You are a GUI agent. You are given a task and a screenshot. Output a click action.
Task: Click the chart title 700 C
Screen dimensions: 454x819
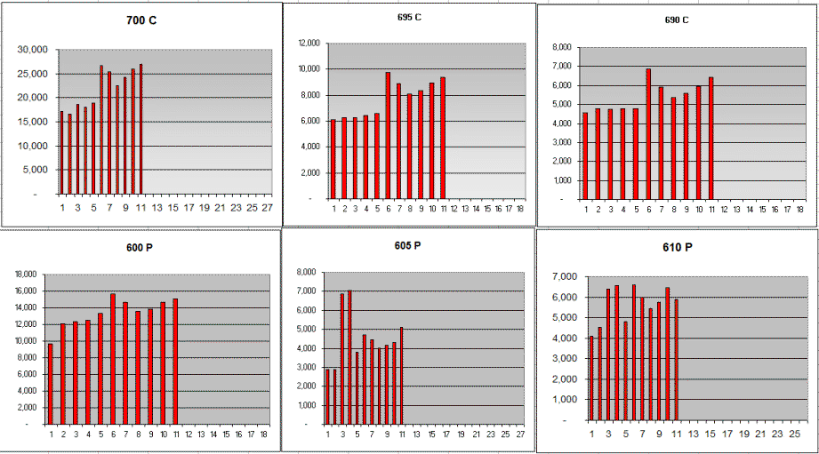click(140, 19)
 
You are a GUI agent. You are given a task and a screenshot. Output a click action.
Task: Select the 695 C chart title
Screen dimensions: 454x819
click(409, 17)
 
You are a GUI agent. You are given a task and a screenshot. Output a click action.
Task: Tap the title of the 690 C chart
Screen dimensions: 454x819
click(677, 19)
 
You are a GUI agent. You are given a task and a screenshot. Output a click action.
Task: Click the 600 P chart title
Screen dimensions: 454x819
click(139, 249)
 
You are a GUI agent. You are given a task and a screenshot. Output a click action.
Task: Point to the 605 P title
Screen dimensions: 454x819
click(409, 245)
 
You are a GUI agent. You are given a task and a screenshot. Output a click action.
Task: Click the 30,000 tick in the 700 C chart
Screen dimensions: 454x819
click(33, 50)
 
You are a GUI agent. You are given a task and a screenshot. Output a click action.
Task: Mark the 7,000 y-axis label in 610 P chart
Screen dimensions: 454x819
click(565, 277)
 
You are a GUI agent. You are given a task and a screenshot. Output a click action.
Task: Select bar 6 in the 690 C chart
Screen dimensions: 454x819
click(648, 133)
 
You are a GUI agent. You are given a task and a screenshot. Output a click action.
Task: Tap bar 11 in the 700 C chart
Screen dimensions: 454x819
click(141, 128)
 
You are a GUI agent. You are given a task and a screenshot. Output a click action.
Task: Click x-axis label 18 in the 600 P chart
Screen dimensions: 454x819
click(264, 434)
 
